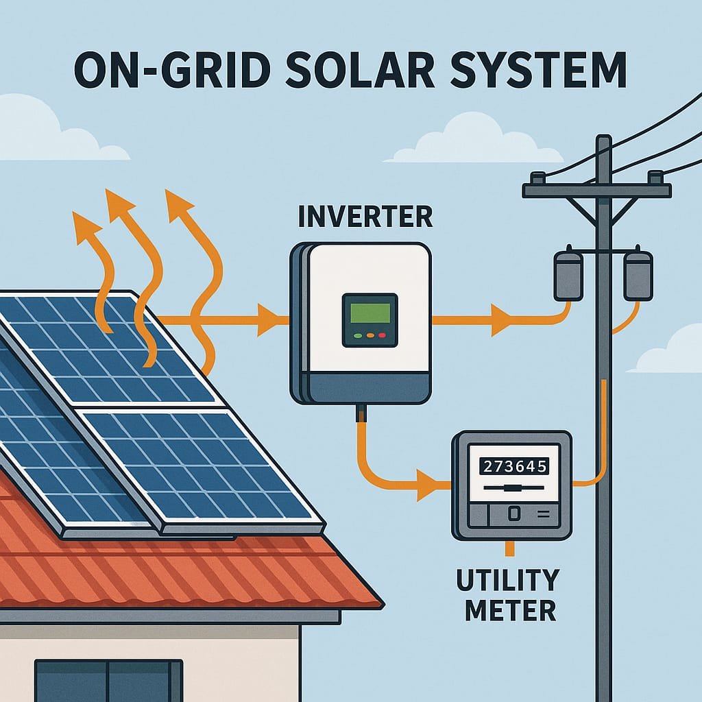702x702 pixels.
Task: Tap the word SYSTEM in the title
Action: point(538,71)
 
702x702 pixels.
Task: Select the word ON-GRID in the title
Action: point(172,71)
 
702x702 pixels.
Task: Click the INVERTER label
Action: point(365,217)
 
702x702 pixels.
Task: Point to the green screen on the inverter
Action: point(370,313)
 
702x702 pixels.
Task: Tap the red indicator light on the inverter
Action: point(382,335)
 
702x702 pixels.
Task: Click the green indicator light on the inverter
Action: point(358,335)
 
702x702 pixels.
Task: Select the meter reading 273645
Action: point(514,466)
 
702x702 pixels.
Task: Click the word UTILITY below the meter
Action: point(508,580)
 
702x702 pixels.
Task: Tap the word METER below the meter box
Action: point(510,609)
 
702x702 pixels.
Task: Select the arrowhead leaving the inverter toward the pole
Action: point(501,319)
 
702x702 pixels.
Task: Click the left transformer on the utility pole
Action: point(568,274)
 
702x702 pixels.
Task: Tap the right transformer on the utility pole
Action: point(638,274)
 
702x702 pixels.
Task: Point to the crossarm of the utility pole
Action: point(597,191)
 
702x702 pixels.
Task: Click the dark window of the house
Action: point(109,681)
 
